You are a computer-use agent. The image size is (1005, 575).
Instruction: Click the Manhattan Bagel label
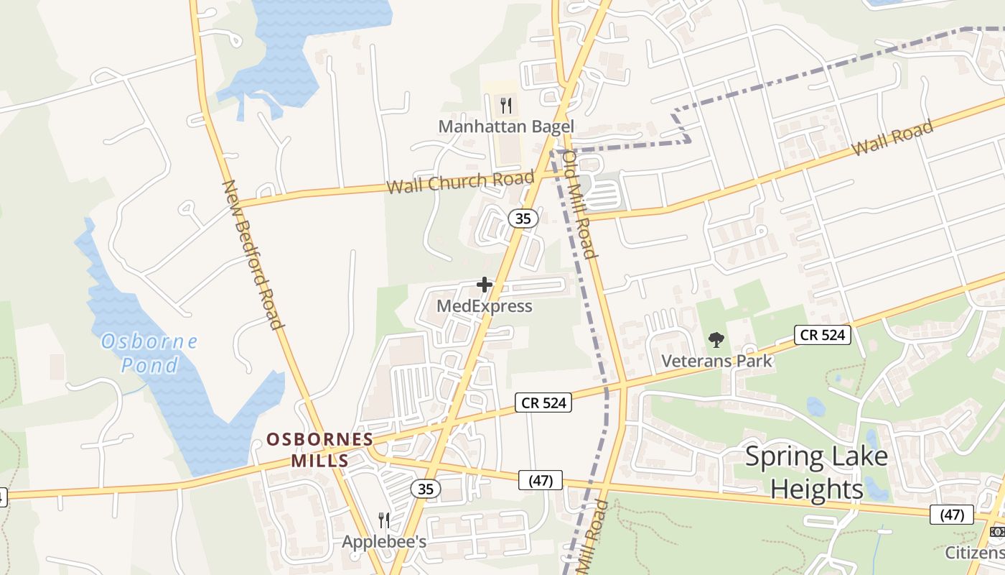(506, 126)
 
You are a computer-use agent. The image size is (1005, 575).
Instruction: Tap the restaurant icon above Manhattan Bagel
(506, 106)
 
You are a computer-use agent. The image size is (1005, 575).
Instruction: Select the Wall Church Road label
(460, 183)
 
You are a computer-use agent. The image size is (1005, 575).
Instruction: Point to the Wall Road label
(893, 138)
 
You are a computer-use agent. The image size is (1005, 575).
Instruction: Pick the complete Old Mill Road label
(579, 203)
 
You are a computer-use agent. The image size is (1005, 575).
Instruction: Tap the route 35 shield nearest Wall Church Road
(523, 218)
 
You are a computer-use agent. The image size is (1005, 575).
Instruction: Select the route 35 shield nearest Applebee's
(426, 489)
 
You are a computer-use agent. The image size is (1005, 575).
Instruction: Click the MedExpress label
(485, 306)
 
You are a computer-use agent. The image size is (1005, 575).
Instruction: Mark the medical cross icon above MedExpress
(485, 285)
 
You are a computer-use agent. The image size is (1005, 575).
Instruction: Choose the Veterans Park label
(716, 361)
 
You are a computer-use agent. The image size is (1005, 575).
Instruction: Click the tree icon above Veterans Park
(716, 340)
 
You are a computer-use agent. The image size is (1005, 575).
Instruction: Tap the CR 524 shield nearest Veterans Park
(822, 334)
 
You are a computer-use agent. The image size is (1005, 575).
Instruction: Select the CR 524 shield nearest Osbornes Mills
(544, 402)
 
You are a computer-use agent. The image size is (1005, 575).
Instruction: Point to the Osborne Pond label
(149, 353)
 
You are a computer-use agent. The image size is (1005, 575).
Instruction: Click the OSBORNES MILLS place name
(320, 449)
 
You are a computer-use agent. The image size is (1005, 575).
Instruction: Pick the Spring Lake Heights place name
(816, 472)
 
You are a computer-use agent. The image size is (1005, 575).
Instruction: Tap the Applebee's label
(384, 541)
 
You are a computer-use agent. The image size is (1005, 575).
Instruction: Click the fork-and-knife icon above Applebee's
(384, 520)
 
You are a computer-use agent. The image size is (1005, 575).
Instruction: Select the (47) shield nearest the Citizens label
(952, 515)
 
